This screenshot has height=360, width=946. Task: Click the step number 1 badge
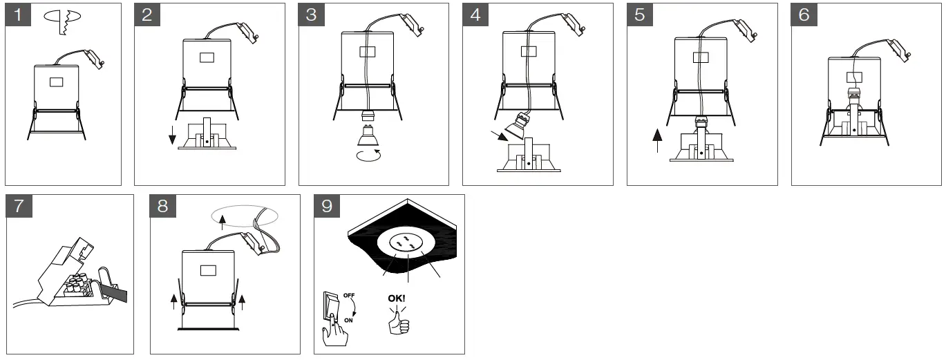[18, 15]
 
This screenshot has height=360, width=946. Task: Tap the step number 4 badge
[475, 15]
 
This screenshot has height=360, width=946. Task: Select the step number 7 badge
[19, 206]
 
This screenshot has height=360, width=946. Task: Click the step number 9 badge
[327, 206]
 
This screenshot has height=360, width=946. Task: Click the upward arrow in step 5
[658, 141]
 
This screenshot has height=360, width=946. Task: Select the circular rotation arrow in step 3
[369, 155]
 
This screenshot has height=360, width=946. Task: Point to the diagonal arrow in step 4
[499, 135]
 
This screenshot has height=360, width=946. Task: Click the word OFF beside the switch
[349, 295]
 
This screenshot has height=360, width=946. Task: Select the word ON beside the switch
[348, 321]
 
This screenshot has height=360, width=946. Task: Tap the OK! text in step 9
[397, 299]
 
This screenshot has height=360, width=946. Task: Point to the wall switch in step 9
[331, 306]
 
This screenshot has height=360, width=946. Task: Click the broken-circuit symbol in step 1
[62, 21]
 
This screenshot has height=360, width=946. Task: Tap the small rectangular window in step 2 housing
[207, 57]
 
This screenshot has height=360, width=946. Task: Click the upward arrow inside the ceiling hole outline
[223, 221]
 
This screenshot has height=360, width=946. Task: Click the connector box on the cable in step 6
[899, 50]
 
